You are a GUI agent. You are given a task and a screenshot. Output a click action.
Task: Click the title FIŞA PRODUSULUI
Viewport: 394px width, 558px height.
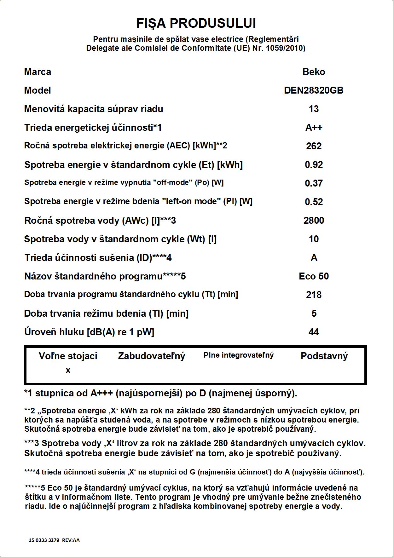(196, 24)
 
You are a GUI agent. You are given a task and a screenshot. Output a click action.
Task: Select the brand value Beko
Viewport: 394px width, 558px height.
(314, 72)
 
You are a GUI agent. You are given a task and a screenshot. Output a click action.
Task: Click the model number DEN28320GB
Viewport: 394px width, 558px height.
(314, 90)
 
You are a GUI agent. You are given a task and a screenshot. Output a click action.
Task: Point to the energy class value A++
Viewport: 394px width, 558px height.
(314, 128)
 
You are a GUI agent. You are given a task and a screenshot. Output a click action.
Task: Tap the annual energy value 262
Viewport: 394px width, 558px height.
(314, 146)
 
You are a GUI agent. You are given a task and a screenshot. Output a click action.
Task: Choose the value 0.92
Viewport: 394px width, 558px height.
(314, 165)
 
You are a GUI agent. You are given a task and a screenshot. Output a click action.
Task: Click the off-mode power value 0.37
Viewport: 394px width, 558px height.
(314, 183)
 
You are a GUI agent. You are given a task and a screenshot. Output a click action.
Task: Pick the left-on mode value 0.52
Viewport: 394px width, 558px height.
(314, 202)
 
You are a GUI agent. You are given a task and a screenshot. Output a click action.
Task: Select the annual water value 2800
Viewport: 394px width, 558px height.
(314, 221)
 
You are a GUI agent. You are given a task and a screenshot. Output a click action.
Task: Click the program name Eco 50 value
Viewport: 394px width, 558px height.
(314, 276)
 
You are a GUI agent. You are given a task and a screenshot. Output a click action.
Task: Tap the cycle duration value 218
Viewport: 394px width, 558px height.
(314, 295)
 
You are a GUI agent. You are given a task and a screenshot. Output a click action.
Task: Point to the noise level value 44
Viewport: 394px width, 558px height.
(314, 332)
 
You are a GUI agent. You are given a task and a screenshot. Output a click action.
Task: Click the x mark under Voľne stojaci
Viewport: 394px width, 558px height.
(68, 371)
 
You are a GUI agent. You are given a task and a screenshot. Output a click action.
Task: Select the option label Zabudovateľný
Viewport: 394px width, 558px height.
(151, 356)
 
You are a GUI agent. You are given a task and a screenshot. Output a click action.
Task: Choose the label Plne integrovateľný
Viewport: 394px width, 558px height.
(239, 355)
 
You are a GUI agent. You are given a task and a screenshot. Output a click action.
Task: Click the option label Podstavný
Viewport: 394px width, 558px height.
(324, 356)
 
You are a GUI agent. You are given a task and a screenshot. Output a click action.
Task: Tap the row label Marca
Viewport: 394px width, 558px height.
(38, 72)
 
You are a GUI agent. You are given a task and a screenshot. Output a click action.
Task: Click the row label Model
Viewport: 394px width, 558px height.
(38, 90)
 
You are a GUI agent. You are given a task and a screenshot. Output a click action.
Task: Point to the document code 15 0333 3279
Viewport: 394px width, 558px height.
(44, 540)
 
